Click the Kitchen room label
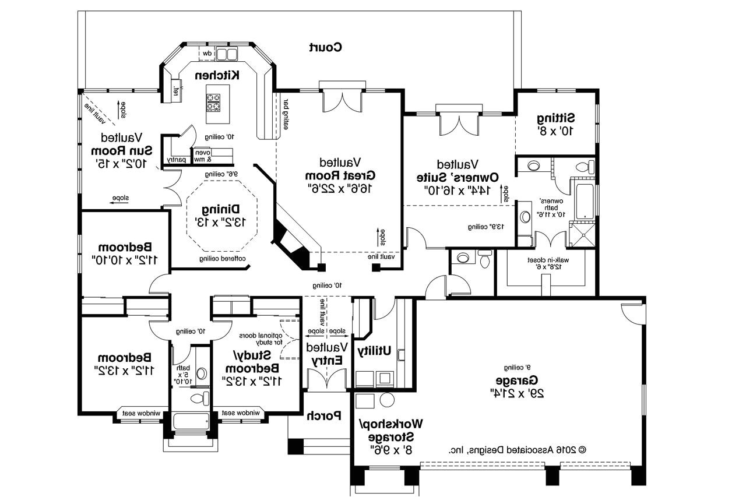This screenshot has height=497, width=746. (217, 75)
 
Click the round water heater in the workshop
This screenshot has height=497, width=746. (387, 400)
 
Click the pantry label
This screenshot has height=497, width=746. (175, 159)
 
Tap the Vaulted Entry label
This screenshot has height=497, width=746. (327, 353)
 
